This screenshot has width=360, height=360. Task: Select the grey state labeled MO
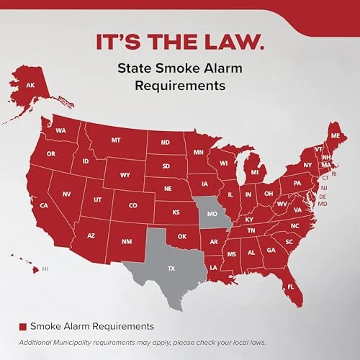[x=212, y=215]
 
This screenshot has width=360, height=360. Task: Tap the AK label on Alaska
[x=30, y=85]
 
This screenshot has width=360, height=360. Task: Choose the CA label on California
[x=43, y=205]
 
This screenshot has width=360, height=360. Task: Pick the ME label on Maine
[x=333, y=135]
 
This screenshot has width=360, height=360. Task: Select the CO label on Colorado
[x=132, y=205]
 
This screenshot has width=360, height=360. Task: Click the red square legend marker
[x=23, y=327]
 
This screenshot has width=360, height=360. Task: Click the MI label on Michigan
[x=253, y=173]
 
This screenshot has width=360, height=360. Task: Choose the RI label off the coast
[x=333, y=174]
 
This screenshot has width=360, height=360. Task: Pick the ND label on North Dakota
[x=165, y=143]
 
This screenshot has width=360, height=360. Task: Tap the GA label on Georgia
[x=271, y=250]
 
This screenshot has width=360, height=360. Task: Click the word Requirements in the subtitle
[x=180, y=86]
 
